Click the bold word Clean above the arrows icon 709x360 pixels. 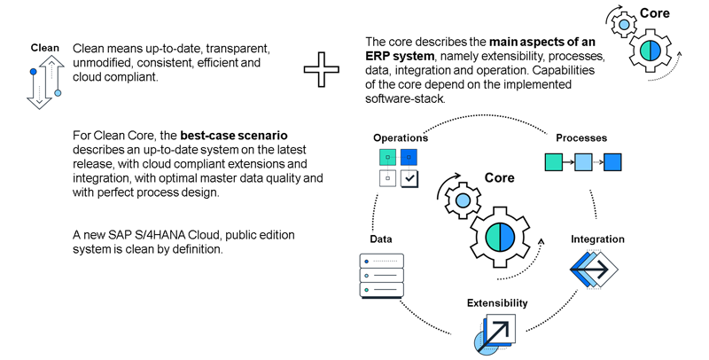pos(44,48)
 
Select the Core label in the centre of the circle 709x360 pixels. pos(499,178)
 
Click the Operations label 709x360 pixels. pos(401,138)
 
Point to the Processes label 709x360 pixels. pos(581,138)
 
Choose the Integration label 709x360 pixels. pos(597,239)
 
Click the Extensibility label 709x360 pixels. pos(497,303)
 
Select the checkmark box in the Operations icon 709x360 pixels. pos(409,178)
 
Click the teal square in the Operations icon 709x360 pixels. pos(386,157)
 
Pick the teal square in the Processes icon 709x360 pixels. pos(552,162)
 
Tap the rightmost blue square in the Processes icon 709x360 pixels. pos(612,162)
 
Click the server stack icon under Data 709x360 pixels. pos(381,276)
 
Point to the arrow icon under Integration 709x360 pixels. pos(593,268)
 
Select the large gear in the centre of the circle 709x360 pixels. pos(501,239)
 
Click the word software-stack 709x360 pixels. pos(405,98)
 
